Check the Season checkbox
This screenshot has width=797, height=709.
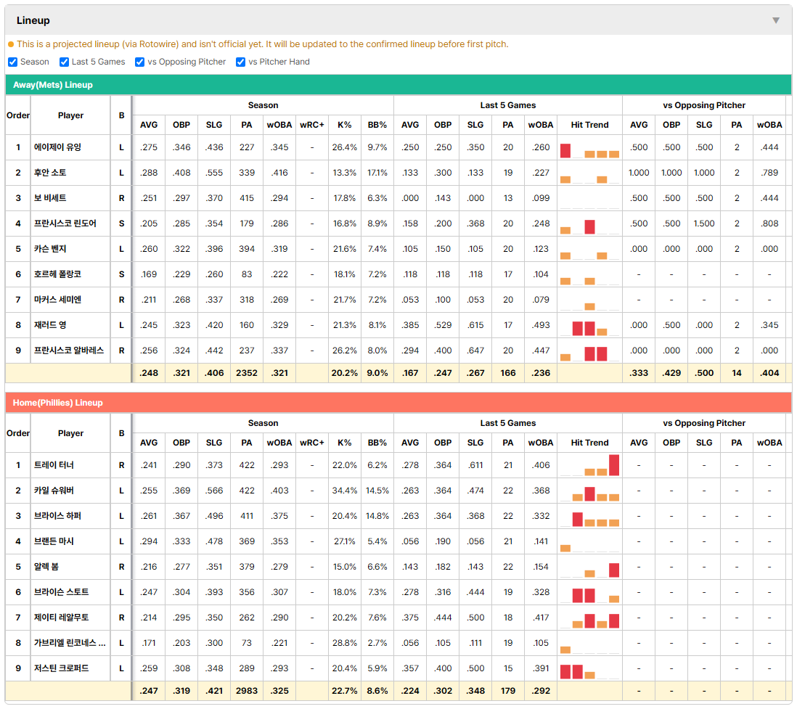click(x=13, y=62)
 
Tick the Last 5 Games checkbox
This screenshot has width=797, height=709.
click(x=64, y=62)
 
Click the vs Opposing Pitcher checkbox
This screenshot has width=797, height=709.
click(x=140, y=62)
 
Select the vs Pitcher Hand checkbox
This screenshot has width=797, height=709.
click(x=241, y=62)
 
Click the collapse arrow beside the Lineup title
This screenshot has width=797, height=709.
click(x=776, y=20)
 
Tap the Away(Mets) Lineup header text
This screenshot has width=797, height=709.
click(x=53, y=85)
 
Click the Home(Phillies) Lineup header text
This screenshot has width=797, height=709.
click(x=58, y=403)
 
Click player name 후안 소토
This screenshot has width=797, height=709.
click(x=50, y=173)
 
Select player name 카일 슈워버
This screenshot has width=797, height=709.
click(x=54, y=491)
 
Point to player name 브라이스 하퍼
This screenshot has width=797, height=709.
click(x=57, y=516)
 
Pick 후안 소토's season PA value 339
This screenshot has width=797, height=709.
click(x=247, y=173)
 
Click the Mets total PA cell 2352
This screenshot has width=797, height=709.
click(x=247, y=373)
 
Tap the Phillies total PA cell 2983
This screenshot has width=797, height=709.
click(x=247, y=691)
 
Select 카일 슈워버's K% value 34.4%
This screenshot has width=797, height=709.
click(x=345, y=491)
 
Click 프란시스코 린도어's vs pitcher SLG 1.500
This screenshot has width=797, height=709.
click(x=705, y=224)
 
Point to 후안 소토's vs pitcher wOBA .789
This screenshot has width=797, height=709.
click(x=769, y=173)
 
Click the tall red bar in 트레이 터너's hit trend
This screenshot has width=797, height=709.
click(x=614, y=465)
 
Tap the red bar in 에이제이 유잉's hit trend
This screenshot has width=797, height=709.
click(x=565, y=151)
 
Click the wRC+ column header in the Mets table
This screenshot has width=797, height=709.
click(x=312, y=125)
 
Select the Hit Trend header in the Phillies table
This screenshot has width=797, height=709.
click(x=589, y=443)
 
